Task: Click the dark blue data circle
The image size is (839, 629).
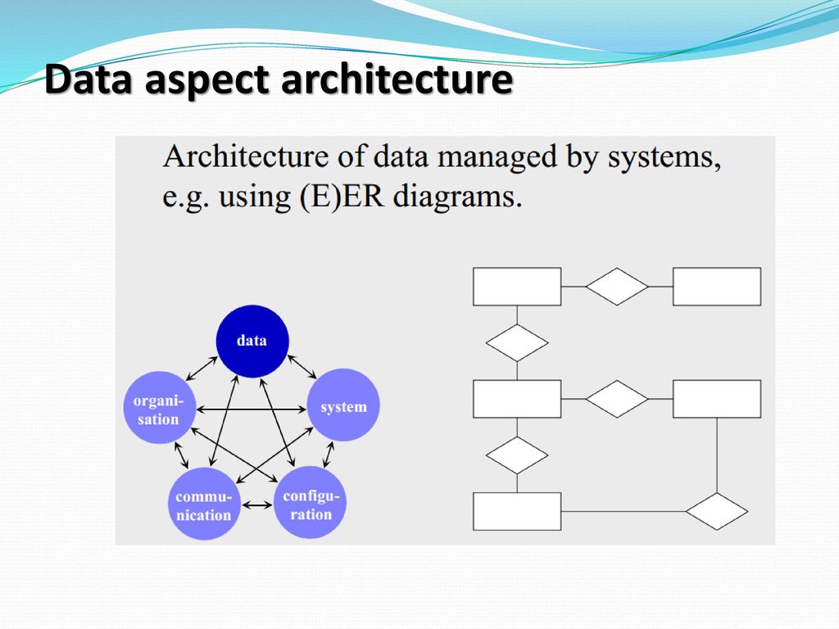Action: coord(252,342)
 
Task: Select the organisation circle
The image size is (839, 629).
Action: coord(159,408)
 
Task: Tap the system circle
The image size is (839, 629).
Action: coord(343,405)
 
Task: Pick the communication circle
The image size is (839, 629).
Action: coord(204,504)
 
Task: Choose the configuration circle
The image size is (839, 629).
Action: coord(311,502)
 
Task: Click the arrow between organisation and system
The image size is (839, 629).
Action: coord(251,410)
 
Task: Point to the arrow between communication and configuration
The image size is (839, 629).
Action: coord(257,505)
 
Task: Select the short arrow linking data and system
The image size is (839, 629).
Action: coord(302,367)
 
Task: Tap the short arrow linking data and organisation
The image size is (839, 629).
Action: coord(202,368)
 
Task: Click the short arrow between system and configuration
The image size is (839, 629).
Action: coord(329,454)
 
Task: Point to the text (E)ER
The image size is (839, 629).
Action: coord(342,197)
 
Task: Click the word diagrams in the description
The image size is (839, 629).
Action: coord(457,197)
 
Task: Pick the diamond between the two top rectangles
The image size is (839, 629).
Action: coord(616,287)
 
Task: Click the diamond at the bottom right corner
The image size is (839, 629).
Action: coord(716,511)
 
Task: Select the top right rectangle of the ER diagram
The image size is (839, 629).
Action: coord(716,287)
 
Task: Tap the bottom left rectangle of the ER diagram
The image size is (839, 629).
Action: coord(517,511)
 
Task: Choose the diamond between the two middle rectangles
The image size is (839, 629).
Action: coord(616,399)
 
